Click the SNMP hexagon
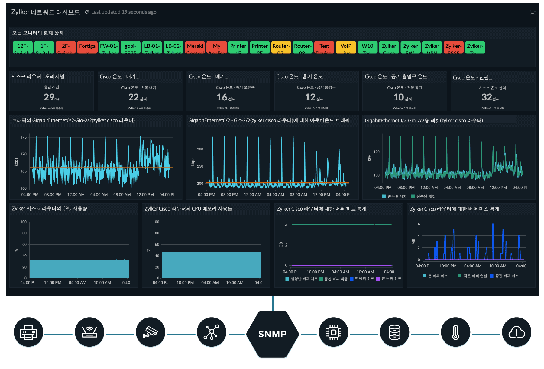point(272,334)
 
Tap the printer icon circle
point(28,333)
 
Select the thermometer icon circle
point(455,333)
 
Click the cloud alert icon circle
point(516,333)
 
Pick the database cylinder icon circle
point(394,333)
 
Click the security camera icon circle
point(151,333)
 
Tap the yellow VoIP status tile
point(346,47)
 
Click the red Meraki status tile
point(195,47)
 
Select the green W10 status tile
point(367,47)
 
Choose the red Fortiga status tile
point(87,47)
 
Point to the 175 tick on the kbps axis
point(24,137)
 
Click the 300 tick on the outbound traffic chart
point(200,149)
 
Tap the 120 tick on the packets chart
point(376,152)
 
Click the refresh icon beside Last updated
point(87,12)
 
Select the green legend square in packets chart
point(413,197)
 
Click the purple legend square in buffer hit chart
point(378,279)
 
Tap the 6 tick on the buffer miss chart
point(419,224)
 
